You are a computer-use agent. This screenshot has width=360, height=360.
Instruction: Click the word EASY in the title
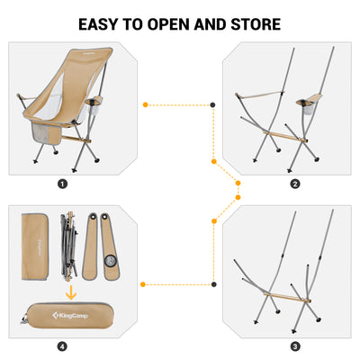103,23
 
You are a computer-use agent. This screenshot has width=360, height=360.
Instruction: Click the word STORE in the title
253,23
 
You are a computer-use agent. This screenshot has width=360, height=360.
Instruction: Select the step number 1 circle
62,184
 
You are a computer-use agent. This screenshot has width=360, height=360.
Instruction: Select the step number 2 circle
295,184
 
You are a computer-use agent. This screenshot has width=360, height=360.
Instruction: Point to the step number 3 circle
295,346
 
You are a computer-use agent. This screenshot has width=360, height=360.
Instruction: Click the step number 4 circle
62,346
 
